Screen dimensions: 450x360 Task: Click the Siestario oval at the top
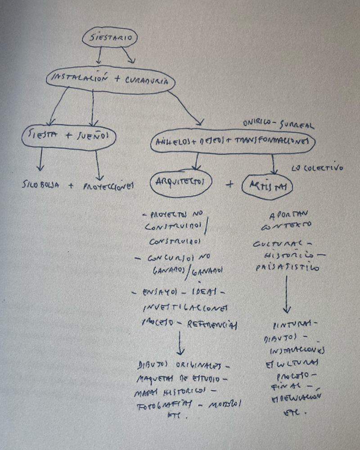[x=109, y=38]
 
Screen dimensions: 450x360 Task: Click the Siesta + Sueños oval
[x=68, y=135]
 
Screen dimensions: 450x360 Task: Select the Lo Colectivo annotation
[x=317, y=169]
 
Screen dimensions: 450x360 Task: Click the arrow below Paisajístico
[x=287, y=294]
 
